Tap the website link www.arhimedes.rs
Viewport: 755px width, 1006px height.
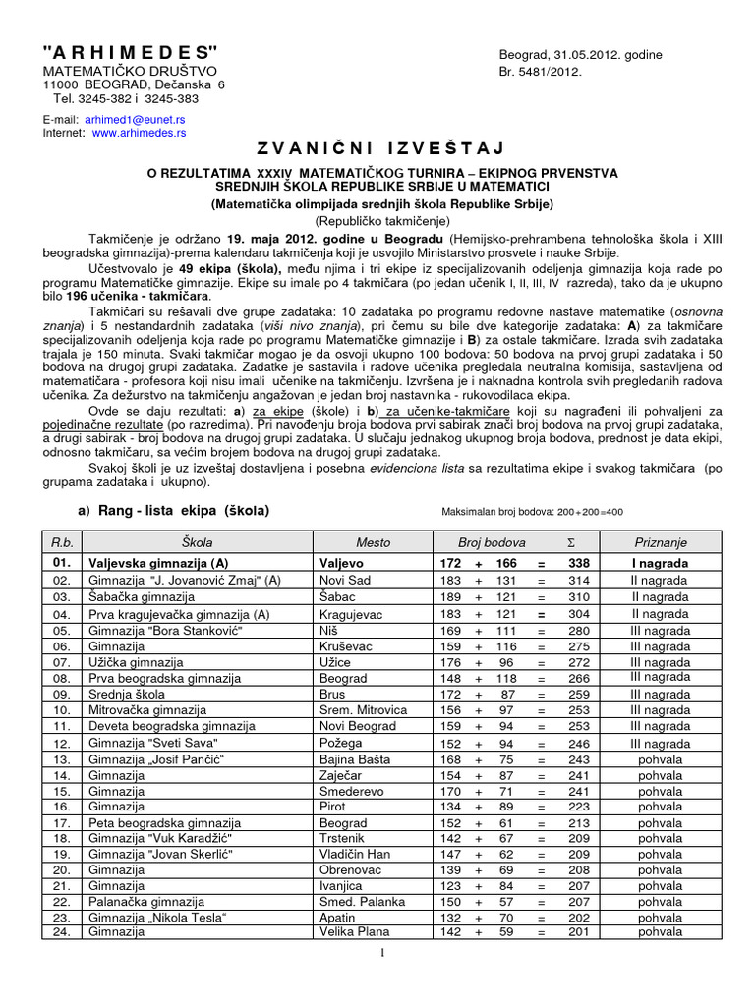click(139, 132)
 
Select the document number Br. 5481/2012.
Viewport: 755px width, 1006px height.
click(542, 72)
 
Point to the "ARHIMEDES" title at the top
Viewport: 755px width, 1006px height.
click(130, 52)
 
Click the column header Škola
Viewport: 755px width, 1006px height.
click(197, 542)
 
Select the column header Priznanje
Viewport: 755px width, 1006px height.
click(661, 542)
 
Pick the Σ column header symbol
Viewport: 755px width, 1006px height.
click(572, 542)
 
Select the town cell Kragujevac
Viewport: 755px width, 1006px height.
click(355, 614)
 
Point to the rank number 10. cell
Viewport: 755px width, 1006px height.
click(62, 709)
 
